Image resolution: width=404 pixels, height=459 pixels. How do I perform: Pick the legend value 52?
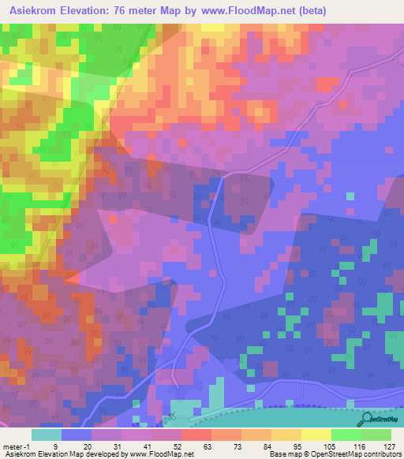click(x=181, y=446)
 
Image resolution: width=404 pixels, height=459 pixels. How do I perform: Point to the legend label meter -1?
click(x=17, y=446)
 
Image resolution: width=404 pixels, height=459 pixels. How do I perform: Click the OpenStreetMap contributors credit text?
click(x=365, y=455)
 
